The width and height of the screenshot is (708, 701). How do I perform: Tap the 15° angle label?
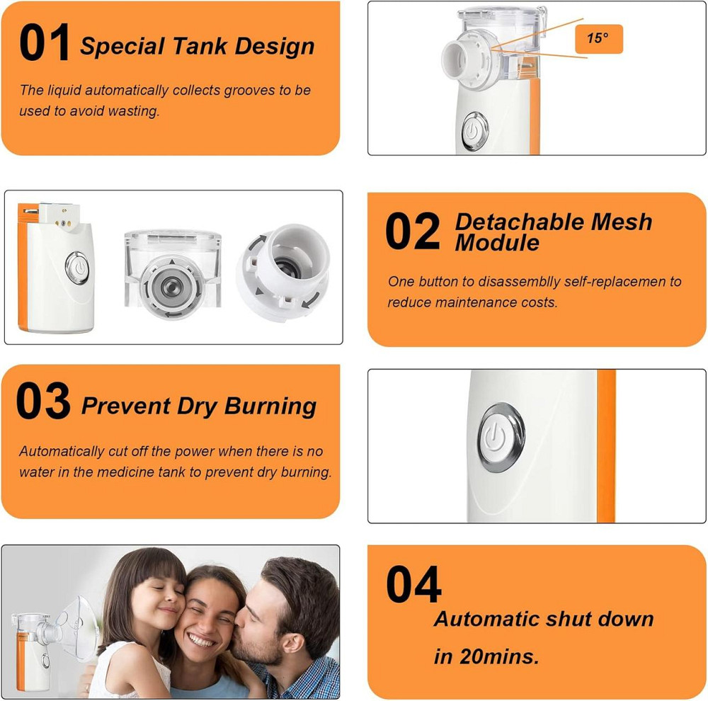[598, 38]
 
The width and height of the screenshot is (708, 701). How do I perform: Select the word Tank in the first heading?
[199, 46]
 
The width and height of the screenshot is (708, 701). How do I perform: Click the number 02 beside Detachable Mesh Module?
[413, 231]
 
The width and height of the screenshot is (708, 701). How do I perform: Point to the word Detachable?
[519, 222]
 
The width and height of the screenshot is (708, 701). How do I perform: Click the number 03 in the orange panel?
[43, 400]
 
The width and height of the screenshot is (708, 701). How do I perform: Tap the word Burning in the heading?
[270, 406]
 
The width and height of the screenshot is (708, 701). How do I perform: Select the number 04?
[413, 584]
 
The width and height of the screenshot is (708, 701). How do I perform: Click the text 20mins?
[499, 656]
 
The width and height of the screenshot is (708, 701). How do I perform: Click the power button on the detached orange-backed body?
[78, 268]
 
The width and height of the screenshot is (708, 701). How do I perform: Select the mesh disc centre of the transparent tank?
[171, 286]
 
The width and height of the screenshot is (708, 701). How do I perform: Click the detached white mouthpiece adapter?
[283, 271]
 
